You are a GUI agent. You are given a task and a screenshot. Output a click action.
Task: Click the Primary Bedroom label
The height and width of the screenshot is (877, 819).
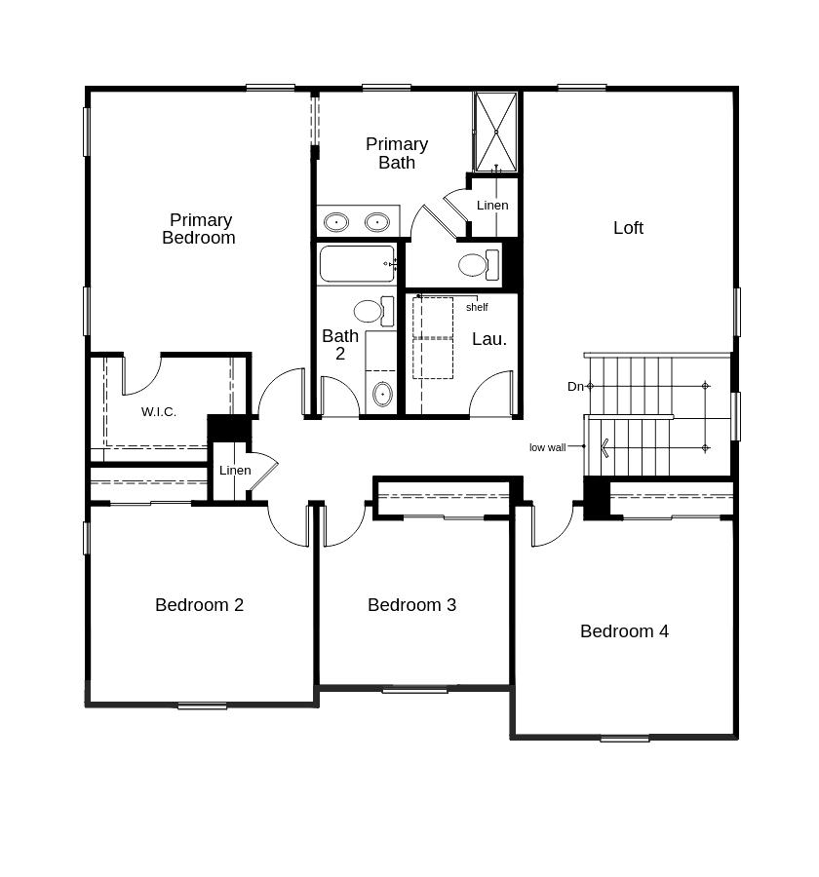(x=199, y=229)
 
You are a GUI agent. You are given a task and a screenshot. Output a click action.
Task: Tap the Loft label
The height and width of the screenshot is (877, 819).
(x=628, y=228)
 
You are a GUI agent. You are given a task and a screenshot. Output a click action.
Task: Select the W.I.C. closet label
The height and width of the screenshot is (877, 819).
(x=159, y=412)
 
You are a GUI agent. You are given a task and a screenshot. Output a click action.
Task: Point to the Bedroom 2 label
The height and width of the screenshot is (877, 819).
(x=199, y=605)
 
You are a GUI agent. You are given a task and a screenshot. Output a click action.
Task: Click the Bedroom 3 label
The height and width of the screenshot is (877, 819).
(x=411, y=605)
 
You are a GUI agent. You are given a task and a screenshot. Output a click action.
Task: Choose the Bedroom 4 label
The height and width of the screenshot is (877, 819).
(x=624, y=631)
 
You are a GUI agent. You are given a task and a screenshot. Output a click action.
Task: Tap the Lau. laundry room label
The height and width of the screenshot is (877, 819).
(x=489, y=339)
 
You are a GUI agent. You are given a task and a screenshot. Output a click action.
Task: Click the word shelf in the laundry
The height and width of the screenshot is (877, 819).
(x=477, y=308)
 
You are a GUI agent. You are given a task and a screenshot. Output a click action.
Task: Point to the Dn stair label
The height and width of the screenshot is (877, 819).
(x=575, y=387)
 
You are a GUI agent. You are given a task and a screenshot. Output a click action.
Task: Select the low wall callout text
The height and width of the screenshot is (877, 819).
(x=547, y=448)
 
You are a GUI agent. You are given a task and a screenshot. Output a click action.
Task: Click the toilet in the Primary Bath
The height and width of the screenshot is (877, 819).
(x=477, y=265)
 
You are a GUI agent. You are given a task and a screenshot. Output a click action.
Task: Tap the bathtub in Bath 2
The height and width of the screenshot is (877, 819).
(x=357, y=264)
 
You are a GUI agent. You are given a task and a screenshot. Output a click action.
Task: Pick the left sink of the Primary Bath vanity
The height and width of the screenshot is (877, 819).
(x=336, y=222)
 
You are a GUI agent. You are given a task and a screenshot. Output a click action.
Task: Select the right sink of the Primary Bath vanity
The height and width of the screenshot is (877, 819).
(x=377, y=222)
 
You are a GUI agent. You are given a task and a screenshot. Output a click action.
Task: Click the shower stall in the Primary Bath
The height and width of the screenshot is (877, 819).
(x=495, y=132)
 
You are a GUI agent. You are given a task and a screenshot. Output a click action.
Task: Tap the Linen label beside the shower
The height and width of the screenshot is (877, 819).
(x=492, y=206)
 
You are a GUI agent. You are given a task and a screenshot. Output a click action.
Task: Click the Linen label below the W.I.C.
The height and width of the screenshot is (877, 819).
(x=235, y=471)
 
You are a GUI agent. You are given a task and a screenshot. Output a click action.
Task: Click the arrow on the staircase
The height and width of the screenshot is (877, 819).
(x=605, y=448)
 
